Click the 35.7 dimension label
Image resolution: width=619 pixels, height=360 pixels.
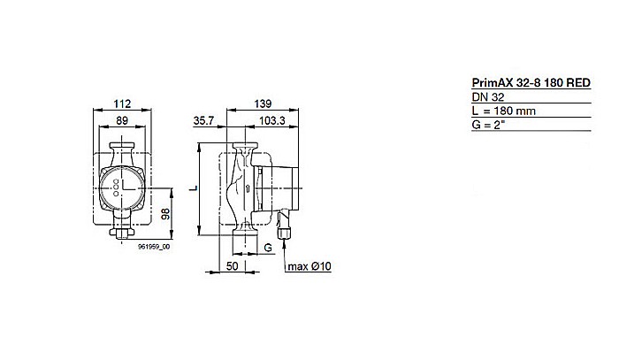tap(204, 122)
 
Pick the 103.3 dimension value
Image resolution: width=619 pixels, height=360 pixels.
tap(271, 122)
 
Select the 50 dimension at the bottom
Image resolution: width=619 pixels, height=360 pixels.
tap(233, 264)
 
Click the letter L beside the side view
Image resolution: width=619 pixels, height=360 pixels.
tap(192, 188)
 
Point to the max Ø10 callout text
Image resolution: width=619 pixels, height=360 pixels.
tap(309, 265)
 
